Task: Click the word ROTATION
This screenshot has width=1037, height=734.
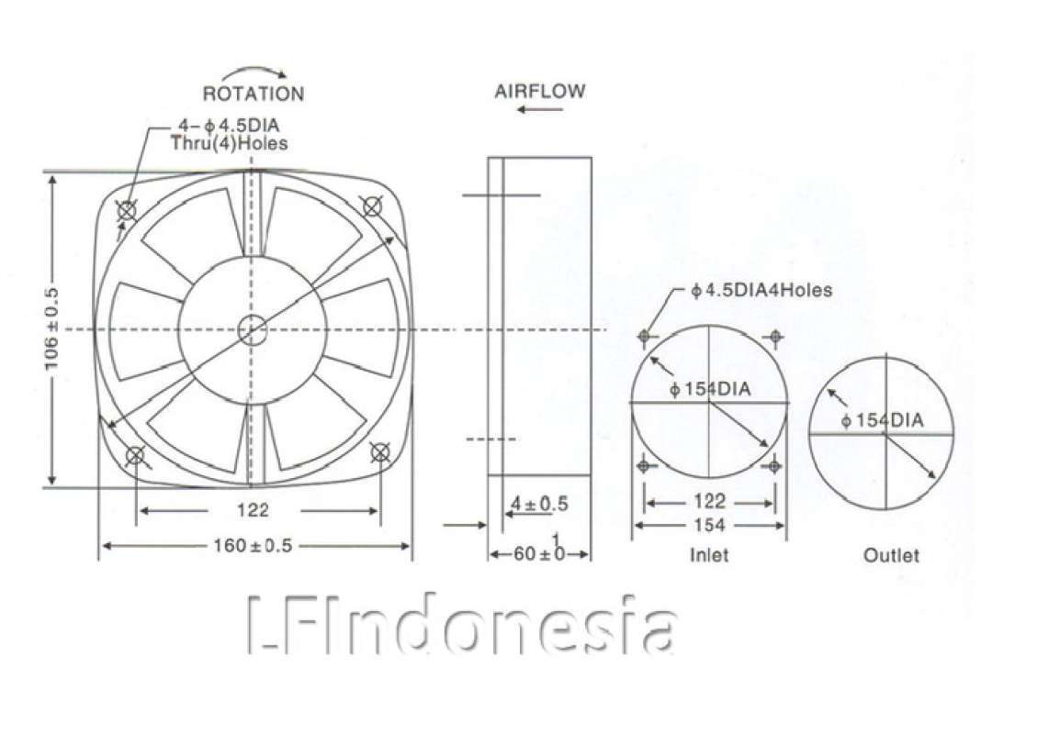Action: (x=253, y=94)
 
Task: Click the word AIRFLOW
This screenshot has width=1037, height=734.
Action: (x=539, y=92)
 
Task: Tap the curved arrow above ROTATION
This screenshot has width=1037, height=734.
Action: (x=253, y=71)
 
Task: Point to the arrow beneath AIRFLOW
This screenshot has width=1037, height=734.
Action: (x=539, y=109)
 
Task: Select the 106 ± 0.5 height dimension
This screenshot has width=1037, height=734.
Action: (x=52, y=328)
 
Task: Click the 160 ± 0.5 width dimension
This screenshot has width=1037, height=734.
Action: (x=254, y=546)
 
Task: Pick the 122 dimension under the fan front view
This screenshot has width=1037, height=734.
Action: (x=253, y=510)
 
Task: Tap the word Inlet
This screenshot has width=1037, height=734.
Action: (x=708, y=555)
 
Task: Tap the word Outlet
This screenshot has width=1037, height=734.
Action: (x=890, y=555)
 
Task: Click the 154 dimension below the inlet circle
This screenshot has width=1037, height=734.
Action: (x=709, y=525)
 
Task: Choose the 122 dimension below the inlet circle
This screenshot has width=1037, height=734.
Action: (x=709, y=502)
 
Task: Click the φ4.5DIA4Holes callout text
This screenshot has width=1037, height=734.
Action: (x=761, y=291)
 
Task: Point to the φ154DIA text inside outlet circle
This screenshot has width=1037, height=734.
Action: (x=882, y=420)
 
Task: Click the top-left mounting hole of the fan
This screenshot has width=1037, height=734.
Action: (x=126, y=212)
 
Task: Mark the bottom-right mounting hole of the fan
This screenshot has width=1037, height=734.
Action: (x=379, y=451)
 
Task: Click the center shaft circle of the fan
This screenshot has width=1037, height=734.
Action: (x=251, y=329)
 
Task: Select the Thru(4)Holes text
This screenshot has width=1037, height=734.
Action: (x=229, y=143)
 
